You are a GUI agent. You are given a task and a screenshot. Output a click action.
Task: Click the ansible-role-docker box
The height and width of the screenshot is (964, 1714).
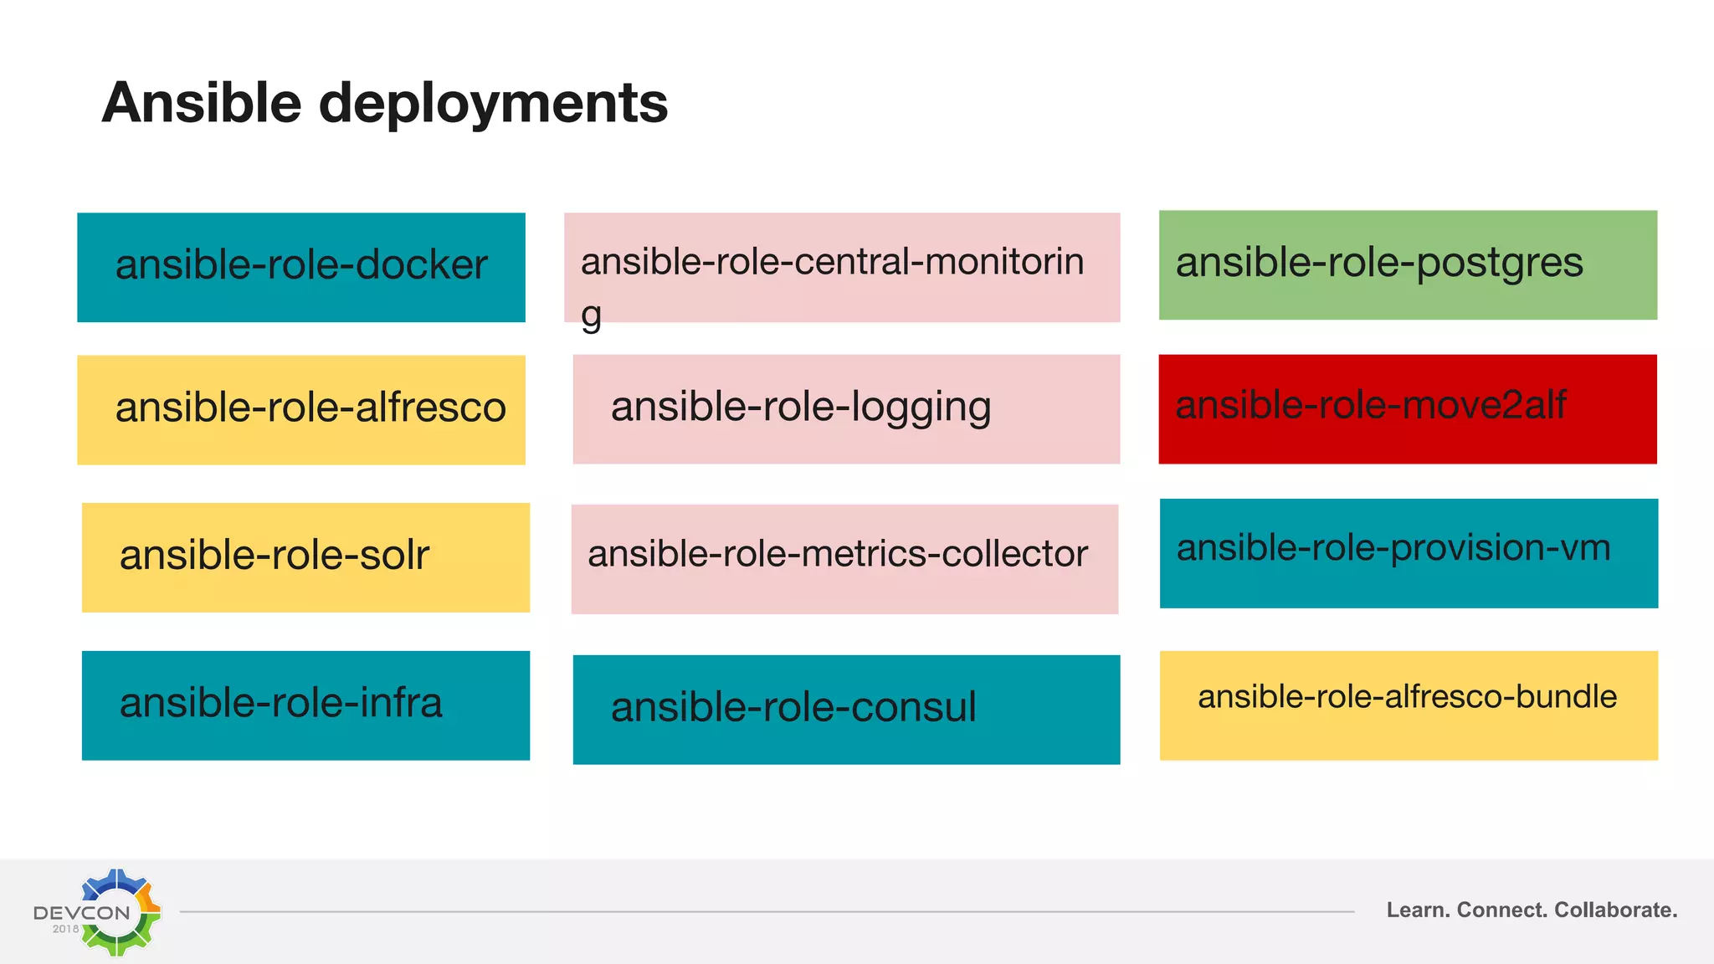point(301,267)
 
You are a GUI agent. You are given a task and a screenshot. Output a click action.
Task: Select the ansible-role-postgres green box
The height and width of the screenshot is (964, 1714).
point(1408,264)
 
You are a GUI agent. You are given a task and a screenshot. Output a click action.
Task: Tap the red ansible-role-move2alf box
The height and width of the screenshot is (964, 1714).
point(1408,408)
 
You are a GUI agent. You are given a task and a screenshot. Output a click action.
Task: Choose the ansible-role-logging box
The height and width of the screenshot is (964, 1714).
point(846,409)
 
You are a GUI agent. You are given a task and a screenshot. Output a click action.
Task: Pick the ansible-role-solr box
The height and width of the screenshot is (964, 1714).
point(305,557)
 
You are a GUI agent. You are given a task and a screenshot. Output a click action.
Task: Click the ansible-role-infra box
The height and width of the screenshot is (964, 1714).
point(305,705)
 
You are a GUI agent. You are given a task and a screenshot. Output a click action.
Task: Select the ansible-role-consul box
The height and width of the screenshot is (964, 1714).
point(846,710)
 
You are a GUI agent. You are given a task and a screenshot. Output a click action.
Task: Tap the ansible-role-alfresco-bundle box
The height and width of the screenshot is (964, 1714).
point(1409,705)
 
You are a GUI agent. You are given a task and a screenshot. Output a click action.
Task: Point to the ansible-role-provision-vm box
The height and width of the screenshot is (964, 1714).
point(1409,553)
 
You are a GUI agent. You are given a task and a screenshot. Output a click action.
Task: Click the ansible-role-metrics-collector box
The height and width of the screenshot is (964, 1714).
point(844,559)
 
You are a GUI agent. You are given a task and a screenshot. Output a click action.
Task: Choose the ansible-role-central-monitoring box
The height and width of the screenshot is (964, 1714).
point(842,267)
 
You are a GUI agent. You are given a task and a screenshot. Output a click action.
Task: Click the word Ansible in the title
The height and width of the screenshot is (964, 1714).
point(201,103)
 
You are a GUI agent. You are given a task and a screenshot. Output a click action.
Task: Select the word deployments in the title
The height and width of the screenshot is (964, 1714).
point(493,104)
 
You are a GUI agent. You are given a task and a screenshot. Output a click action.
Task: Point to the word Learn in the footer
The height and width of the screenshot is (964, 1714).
point(1419,910)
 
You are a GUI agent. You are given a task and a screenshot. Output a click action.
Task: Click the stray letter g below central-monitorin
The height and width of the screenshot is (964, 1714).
point(591,316)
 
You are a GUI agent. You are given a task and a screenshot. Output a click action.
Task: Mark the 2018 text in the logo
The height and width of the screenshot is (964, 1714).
point(65,929)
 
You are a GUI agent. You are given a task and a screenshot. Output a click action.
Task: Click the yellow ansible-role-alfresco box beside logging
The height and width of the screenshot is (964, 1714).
point(301,409)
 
